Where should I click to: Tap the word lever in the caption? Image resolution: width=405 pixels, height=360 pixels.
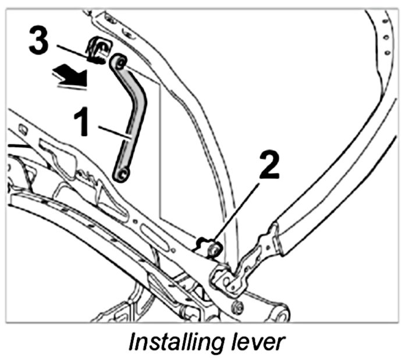[x=255, y=342]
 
